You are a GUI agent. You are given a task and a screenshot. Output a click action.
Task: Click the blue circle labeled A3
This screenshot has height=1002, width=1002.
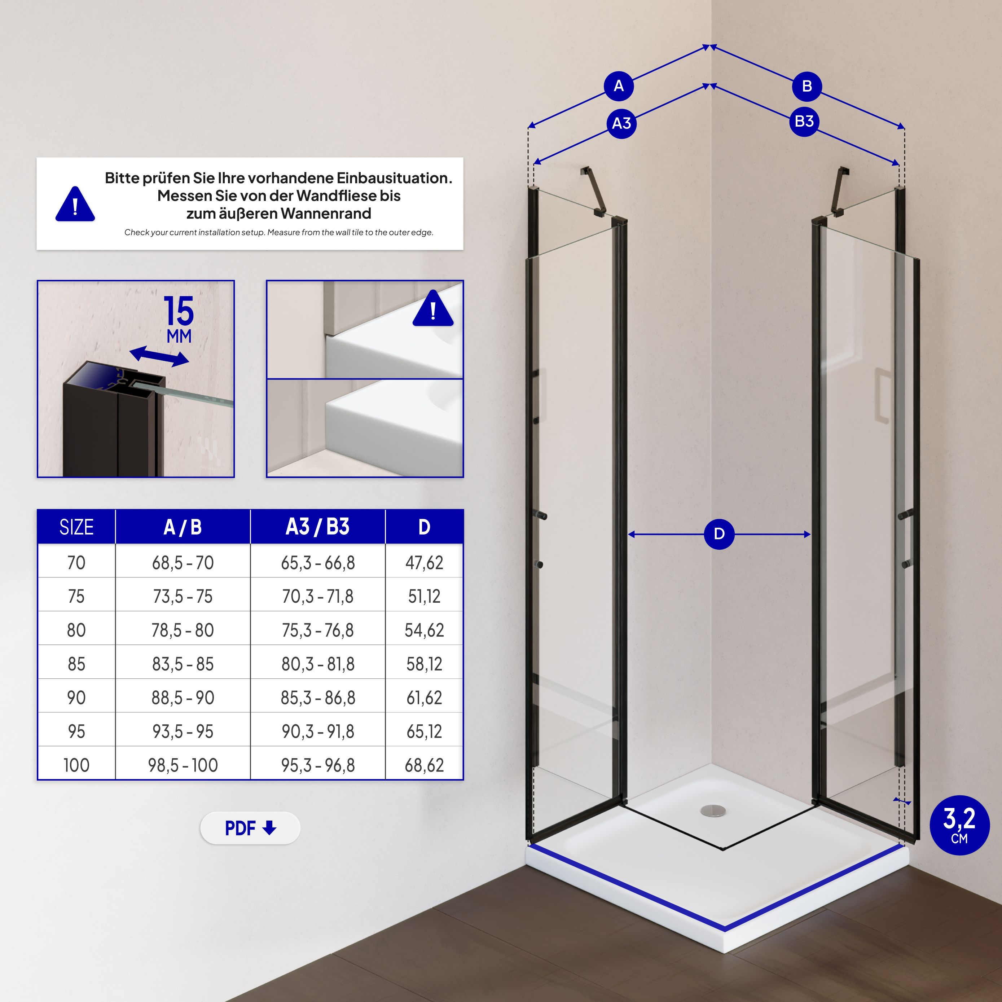pos(621,123)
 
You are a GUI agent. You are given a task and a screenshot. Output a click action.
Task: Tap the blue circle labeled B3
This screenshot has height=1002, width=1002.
pos(804,121)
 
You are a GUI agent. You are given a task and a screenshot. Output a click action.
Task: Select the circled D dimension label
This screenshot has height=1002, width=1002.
pos(719,534)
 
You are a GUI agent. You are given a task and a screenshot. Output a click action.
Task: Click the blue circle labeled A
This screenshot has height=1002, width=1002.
pos(619,86)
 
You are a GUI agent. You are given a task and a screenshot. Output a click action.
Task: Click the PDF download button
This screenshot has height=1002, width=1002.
pos(250,828)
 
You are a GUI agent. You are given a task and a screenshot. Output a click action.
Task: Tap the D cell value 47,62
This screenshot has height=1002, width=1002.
pos(424,563)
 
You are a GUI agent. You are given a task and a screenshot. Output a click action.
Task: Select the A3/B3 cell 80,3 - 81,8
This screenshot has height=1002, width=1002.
pos(317,664)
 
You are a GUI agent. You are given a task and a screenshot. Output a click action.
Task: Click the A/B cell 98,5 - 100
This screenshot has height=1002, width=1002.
pos(183,765)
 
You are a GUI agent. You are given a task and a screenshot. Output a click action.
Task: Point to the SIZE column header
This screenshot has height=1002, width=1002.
pos(76,527)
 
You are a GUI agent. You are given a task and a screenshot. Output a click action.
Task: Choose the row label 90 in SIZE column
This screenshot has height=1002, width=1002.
pos(76,698)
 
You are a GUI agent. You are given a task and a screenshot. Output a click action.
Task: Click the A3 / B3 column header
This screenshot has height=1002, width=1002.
pos(317,527)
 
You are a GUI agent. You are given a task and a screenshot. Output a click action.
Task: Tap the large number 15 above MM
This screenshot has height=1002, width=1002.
pos(179,312)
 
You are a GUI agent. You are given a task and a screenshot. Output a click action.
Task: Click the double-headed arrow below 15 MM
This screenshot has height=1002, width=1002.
pos(159,356)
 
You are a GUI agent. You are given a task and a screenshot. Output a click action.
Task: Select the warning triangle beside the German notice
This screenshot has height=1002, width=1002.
pos(75,205)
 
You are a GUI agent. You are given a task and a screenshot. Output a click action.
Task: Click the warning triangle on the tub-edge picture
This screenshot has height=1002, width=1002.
pos(433,309)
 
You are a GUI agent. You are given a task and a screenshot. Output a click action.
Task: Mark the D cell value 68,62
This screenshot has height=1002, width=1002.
pos(424,765)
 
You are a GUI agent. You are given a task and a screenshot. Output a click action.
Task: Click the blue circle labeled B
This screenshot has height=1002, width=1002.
pos(807,86)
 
